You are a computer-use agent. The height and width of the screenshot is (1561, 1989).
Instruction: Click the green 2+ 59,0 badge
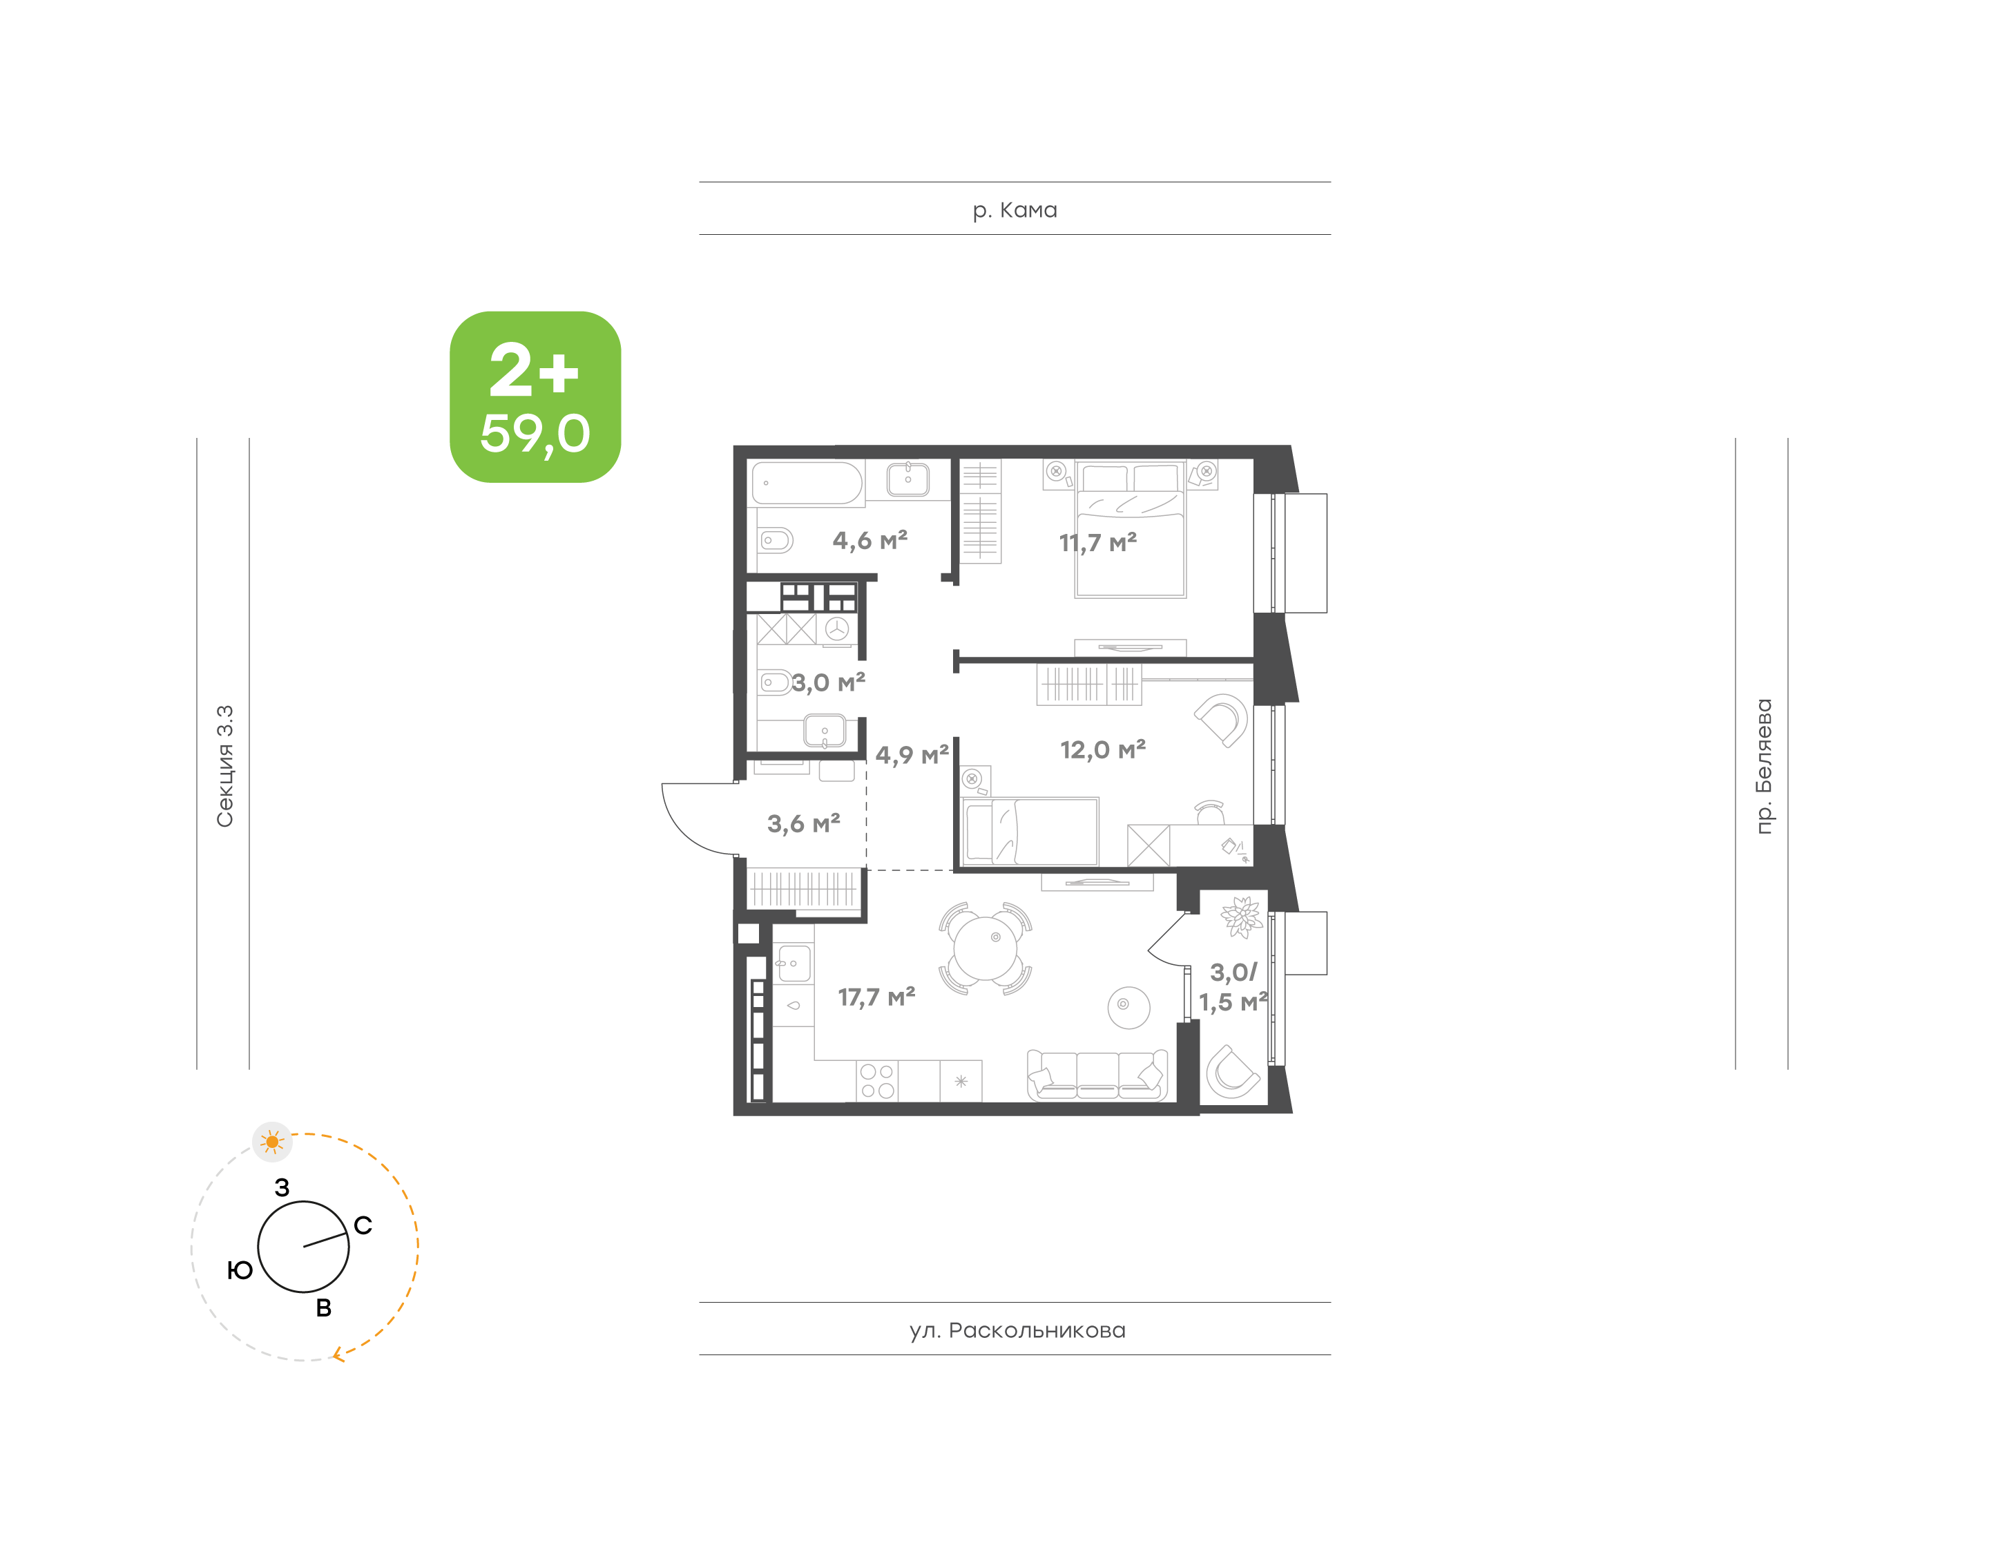click(x=535, y=396)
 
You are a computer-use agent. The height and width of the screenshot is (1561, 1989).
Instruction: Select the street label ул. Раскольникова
click(x=1017, y=1330)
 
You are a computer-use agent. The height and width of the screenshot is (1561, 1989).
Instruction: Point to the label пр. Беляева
click(x=1763, y=766)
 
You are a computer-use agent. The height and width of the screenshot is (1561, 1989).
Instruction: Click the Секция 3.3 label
click(x=224, y=766)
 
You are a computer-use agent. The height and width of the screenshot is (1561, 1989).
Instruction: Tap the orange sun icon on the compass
click(x=272, y=1142)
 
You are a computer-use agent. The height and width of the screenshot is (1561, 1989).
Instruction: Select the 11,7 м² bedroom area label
click(x=1097, y=542)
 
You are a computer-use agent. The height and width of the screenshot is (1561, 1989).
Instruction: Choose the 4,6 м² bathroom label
click(x=869, y=540)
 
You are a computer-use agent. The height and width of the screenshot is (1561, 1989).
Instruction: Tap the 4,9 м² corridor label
click(x=911, y=754)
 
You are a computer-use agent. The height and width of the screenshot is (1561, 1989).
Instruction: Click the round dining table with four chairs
click(x=985, y=948)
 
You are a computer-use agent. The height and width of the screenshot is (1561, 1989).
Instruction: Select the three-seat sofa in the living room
click(x=1097, y=1075)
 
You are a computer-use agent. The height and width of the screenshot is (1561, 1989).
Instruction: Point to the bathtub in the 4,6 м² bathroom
click(x=806, y=483)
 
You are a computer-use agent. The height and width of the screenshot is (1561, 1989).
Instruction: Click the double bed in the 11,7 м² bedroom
click(x=1130, y=530)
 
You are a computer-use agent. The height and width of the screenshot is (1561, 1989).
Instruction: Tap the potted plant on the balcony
click(x=1241, y=917)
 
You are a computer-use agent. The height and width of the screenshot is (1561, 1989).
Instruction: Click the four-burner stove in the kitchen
click(x=877, y=1080)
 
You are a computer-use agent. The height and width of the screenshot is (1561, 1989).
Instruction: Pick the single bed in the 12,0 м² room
click(x=1030, y=830)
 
